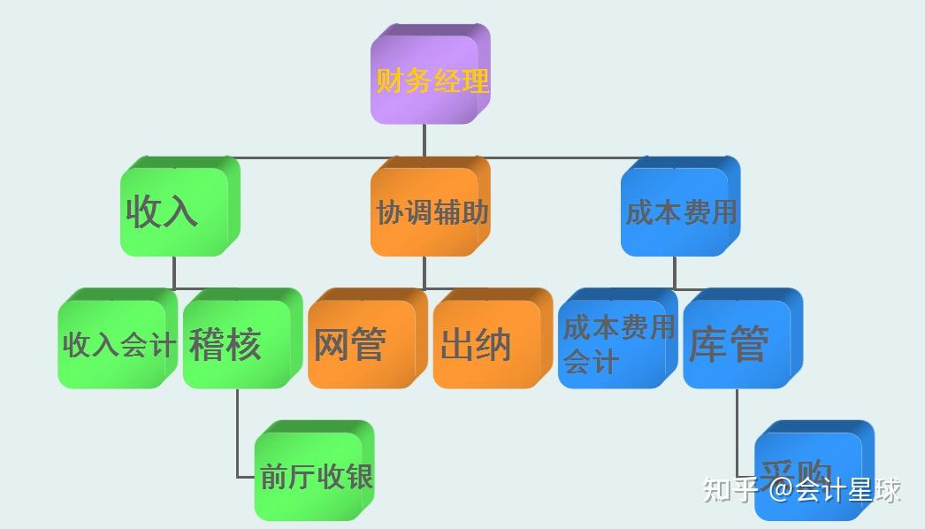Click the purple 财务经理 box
430,78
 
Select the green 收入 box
178,211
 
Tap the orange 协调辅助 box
430,211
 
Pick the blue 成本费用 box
679,211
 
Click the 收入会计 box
116,343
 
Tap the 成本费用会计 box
615,343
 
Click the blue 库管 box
739,343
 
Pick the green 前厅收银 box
314,473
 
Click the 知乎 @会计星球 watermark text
801,489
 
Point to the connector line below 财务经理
424,140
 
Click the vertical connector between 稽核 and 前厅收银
238,433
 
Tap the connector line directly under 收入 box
174,272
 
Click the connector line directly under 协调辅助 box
424,272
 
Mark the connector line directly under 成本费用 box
675,272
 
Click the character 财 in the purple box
389,80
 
